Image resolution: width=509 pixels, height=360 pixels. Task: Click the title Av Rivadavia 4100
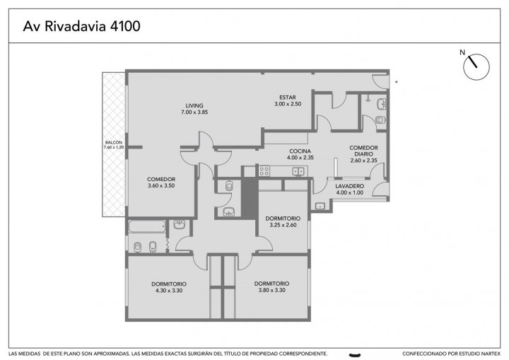tap(81, 26)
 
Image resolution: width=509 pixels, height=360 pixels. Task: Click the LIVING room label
tap(194, 105)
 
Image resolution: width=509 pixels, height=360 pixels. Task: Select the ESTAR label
tap(288, 97)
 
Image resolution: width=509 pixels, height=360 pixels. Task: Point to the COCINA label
tap(300, 151)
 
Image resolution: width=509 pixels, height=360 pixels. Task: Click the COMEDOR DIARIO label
tap(363, 151)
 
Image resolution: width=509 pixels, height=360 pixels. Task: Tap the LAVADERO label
tap(350, 186)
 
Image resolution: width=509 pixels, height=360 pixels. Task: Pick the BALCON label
tap(114, 142)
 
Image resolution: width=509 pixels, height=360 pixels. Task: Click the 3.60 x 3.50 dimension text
tap(161, 186)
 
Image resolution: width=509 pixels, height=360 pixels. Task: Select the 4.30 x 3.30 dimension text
tap(169, 291)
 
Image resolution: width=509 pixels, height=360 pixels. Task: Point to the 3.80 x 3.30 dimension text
tap(271, 290)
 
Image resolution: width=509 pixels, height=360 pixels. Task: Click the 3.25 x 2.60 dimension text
tap(283, 225)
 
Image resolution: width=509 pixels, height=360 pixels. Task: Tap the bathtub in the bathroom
tap(147, 226)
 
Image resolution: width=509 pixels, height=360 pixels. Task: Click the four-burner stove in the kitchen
tap(264, 171)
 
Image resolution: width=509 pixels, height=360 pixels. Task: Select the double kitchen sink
tap(298, 171)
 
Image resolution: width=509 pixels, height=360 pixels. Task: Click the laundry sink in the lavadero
tap(320, 206)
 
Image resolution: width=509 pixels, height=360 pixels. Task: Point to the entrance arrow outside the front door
tap(396, 82)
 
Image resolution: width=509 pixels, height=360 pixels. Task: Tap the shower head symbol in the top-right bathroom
tap(368, 98)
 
